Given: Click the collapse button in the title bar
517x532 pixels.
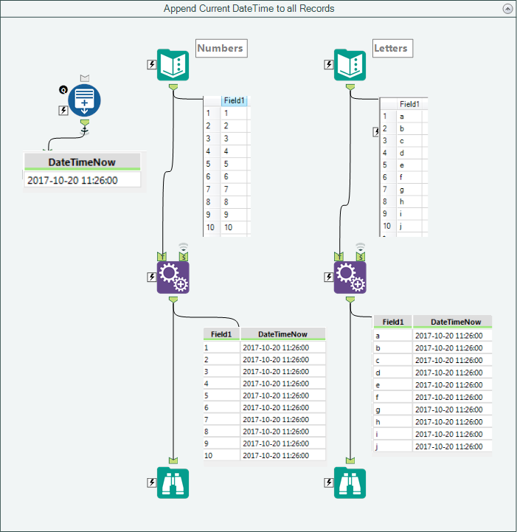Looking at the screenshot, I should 507,8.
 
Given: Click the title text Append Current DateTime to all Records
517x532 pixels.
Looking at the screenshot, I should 249,8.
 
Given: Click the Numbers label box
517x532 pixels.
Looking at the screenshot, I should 221,48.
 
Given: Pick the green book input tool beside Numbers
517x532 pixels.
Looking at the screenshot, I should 173,65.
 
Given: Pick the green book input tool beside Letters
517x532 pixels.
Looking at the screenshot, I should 350,65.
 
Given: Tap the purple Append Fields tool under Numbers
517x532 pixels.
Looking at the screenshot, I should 173,277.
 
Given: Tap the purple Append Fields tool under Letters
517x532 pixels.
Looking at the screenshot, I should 350,277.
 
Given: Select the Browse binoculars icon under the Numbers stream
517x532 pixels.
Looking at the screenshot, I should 173,483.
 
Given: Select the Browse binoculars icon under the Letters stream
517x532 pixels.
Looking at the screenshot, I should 350,483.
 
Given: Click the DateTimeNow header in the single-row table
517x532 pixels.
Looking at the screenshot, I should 82,162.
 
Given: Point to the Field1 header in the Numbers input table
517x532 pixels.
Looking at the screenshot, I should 235,101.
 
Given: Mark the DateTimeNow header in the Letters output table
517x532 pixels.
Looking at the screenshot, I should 455,322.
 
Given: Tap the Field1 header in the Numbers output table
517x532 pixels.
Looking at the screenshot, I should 221,334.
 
